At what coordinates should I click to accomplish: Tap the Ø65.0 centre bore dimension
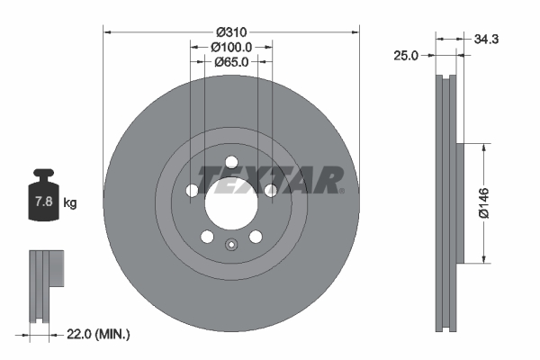[x=231, y=62]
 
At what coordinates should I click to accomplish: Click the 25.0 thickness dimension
[x=407, y=55]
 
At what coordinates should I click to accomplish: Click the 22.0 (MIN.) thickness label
[x=100, y=334]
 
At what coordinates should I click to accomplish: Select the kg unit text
[x=69, y=203]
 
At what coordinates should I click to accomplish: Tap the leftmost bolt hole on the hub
[x=192, y=190]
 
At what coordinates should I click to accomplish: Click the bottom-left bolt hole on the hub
[x=207, y=236]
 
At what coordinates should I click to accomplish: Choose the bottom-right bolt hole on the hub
[x=256, y=236]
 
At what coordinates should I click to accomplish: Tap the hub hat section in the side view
[x=461, y=202]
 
